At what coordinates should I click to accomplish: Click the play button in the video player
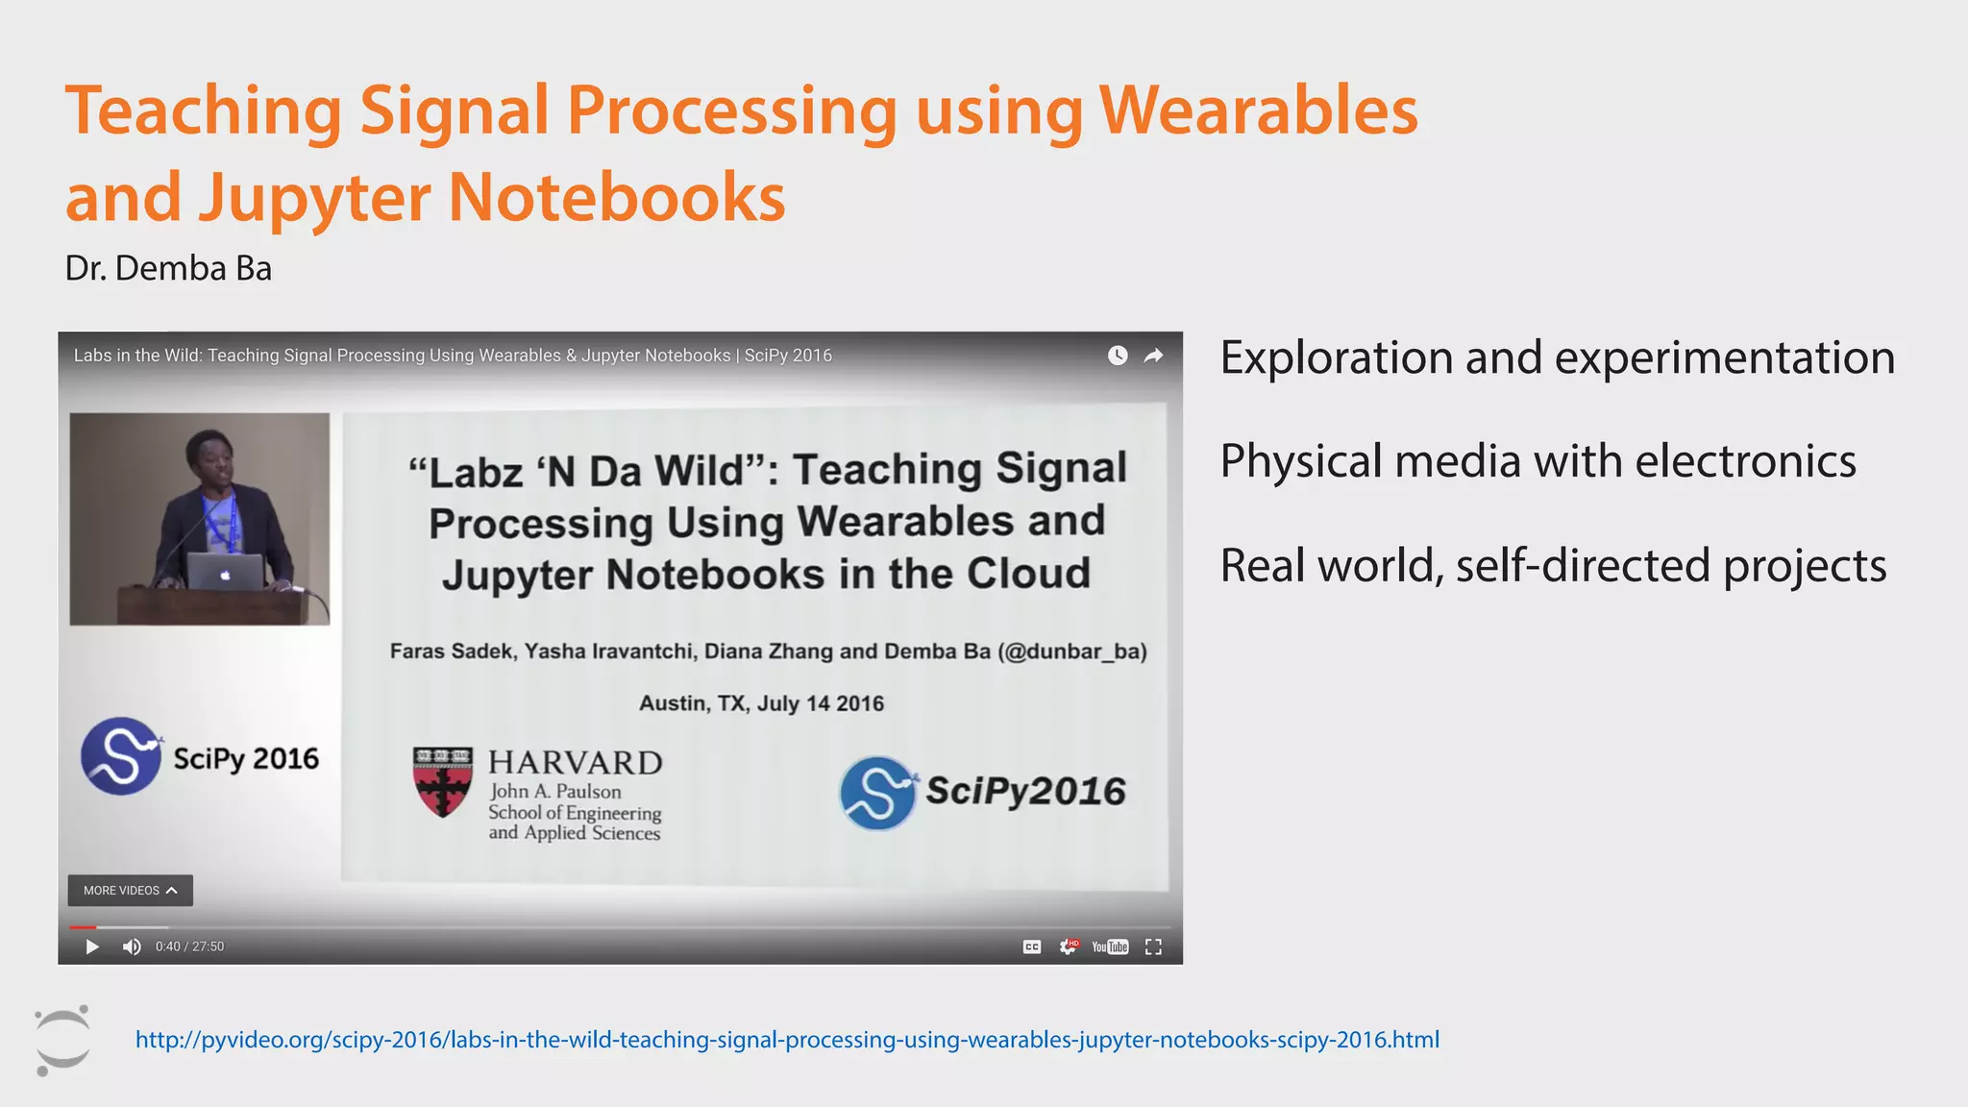92,947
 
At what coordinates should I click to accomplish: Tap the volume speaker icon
132,947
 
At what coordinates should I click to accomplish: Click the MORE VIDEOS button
130,891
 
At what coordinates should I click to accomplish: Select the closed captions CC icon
1032,947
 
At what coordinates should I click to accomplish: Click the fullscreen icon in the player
1153,947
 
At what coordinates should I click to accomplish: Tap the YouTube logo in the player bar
1110,947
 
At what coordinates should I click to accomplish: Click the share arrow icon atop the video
1153,356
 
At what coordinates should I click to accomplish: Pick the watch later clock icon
1117,356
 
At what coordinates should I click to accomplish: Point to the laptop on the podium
225,572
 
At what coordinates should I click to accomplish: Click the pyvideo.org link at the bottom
787,1040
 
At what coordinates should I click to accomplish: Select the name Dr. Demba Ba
168,268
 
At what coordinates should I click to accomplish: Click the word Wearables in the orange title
1258,111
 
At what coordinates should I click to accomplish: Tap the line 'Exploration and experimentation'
1557,357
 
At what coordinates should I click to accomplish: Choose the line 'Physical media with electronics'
1537,461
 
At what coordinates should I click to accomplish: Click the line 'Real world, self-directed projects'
1553,565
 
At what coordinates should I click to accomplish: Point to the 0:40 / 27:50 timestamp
189,947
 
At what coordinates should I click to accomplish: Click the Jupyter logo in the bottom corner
62,1041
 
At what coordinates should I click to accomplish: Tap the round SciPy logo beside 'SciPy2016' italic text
877,793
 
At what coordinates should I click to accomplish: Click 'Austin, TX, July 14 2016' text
761,703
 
